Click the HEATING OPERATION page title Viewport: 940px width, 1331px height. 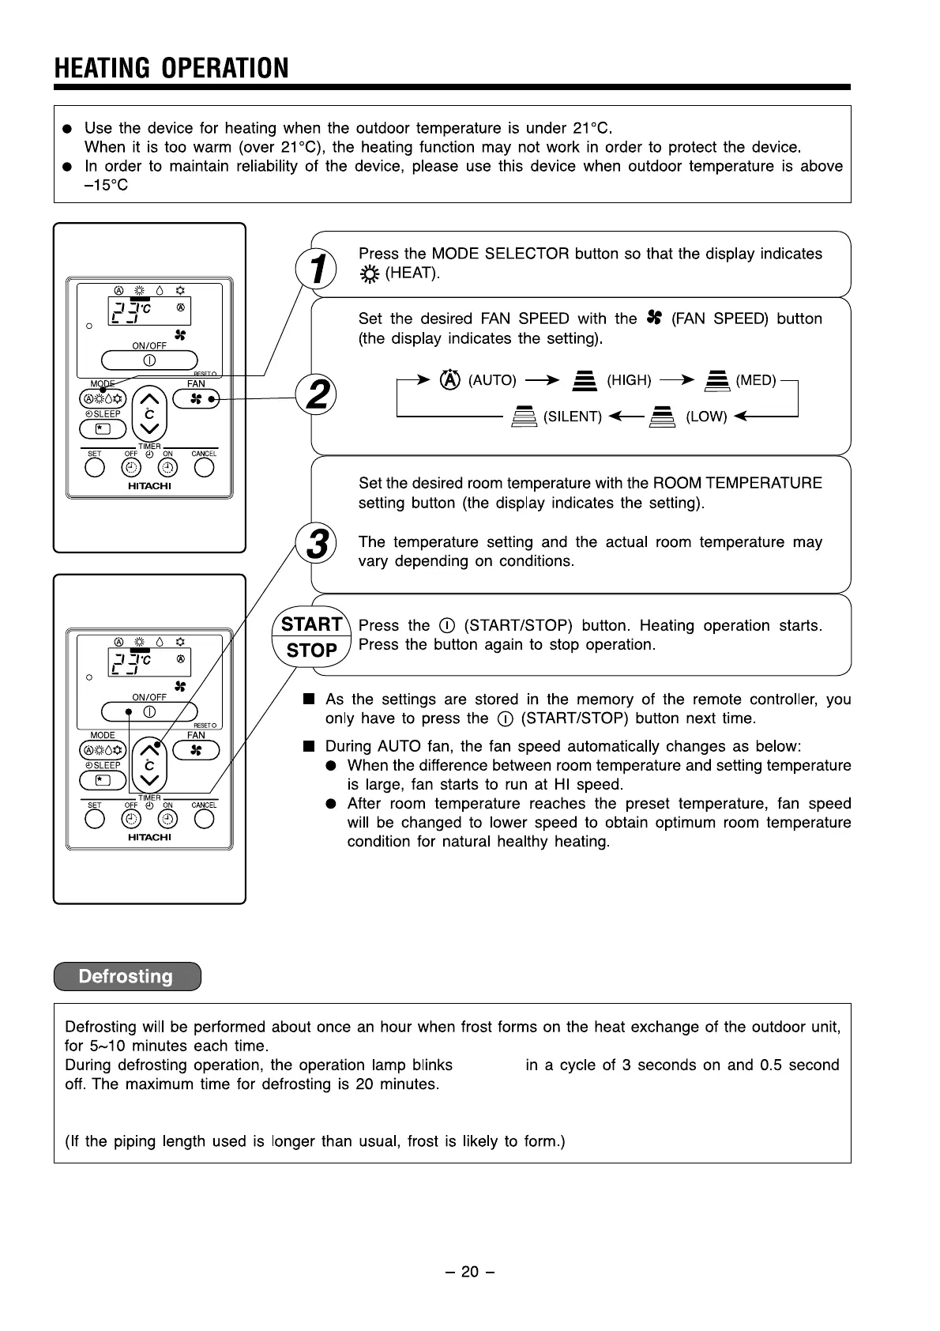pyautogui.click(x=171, y=68)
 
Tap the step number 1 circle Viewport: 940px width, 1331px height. pyautogui.click(x=316, y=270)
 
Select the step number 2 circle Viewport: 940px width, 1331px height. pyautogui.click(x=316, y=394)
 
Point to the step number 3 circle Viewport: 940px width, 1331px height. pyautogui.click(x=316, y=544)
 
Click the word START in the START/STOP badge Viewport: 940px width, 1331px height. pyautogui.click(x=311, y=624)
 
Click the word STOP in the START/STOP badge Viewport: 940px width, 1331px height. pyautogui.click(x=311, y=650)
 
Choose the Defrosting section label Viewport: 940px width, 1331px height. pyautogui.click(x=126, y=976)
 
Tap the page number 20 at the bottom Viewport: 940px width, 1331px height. pyautogui.click(x=470, y=1271)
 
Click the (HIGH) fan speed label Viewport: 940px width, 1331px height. pyautogui.click(x=629, y=380)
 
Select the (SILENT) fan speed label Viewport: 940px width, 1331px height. pyautogui.click(x=573, y=417)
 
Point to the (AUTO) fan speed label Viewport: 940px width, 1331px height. pyautogui.click(x=492, y=380)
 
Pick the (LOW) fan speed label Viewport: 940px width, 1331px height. pyautogui.click(x=706, y=417)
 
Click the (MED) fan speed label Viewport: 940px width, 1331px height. pyautogui.click(x=756, y=380)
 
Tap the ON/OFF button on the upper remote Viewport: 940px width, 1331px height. pyautogui.click(x=149, y=360)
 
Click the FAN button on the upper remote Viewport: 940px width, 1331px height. pyautogui.click(x=195, y=400)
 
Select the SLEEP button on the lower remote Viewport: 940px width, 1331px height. pyautogui.click(x=103, y=780)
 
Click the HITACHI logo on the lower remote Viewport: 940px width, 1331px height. pyautogui.click(x=149, y=837)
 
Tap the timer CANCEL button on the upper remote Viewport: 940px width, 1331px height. pyautogui.click(x=204, y=468)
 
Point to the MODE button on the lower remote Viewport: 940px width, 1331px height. pyautogui.click(x=103, y=751)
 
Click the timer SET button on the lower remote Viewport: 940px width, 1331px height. pyautogui.click(x=95, y=819)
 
